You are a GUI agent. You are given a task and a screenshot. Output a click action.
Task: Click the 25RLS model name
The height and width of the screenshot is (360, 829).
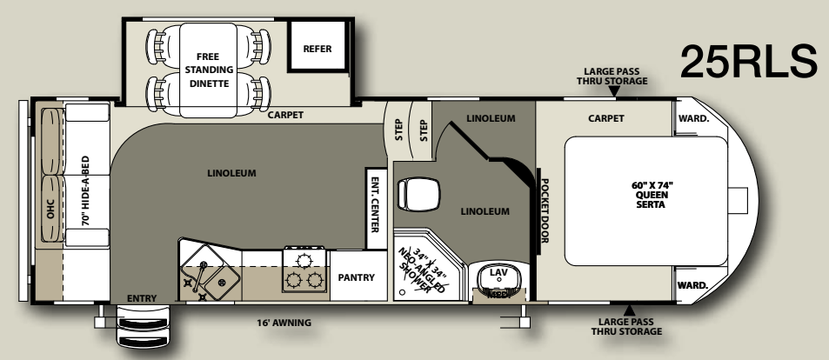coord(749,62)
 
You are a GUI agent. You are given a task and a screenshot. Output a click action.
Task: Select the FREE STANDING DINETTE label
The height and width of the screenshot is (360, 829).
coord(210,70)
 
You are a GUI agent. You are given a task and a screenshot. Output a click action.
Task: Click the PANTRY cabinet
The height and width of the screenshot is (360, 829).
coord(357,277)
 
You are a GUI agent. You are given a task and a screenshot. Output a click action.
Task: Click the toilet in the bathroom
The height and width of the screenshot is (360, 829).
coord(418,194)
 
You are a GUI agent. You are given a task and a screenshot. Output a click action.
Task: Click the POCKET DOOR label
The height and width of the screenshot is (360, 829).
coord(545,210)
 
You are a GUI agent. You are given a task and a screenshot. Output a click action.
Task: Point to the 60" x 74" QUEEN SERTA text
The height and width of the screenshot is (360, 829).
coord(652,195)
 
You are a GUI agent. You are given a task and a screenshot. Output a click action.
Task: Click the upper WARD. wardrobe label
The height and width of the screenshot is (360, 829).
coord(693,118)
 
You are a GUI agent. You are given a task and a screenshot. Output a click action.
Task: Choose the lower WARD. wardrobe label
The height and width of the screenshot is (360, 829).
coord(692,285)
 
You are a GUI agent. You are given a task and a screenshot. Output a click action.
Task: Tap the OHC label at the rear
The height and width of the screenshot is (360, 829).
coord(50,209)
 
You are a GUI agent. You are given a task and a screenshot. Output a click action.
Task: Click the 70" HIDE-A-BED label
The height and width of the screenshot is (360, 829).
coord(85,190)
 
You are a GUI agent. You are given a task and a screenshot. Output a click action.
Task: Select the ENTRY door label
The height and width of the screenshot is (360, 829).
coord(142,298)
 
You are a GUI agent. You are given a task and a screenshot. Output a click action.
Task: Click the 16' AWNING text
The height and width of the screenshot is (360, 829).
coord(284,323)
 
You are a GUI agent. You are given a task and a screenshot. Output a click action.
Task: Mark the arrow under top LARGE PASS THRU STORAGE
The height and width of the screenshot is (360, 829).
coord(614,91)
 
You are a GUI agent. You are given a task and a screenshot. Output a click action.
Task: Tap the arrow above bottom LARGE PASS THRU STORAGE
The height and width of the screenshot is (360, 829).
coord(629,310)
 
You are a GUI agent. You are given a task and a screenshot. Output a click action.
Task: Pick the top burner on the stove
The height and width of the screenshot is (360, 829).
coord(304,260)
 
